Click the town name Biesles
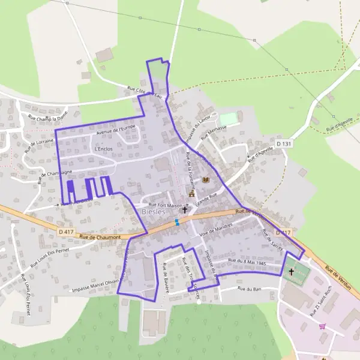tap(154, 212)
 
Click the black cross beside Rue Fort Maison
tap(184, 209)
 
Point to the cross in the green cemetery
tap(292, 272)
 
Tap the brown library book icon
tap(206, 179)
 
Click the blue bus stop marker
tap(176, 222)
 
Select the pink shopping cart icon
tap(323, 326)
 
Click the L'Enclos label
tap(103, 148)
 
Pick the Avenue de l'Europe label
tap(116, 128)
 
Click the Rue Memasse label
tap(214, 131)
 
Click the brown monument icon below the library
tap(192, 194)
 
